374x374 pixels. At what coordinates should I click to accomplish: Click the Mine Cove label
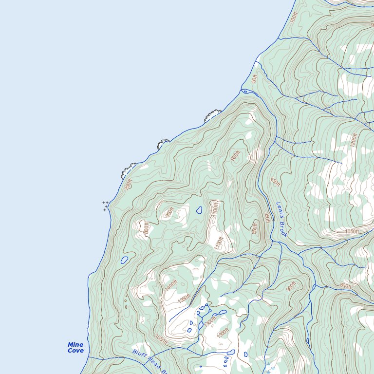(x=75, y=348)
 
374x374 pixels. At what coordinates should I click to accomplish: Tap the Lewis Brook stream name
(x=281, y=220)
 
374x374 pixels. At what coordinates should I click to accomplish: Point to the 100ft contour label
(x=293, y=18)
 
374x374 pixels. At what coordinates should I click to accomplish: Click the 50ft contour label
(x=254, y=78)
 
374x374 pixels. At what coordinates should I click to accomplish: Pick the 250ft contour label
(x=128, y=185)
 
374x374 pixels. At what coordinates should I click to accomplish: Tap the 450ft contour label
(x=275, y=182)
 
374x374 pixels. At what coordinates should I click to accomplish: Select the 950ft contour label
(x=169, y=213)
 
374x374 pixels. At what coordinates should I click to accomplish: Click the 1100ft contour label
(x=215, y=210)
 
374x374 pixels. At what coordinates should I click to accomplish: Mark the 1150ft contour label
(x=219, y=243)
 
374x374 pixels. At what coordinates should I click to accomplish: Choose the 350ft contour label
(x=267, y=218)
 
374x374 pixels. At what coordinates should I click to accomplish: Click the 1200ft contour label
(x=354, y=140)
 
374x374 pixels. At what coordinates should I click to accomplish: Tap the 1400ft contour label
(x=171, y=285)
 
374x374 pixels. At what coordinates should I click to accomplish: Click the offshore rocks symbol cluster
(x=105, y=206)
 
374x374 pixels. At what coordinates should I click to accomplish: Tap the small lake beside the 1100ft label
(x=199, y=210)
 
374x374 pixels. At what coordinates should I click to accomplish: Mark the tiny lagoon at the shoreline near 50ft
(x=245, y=91)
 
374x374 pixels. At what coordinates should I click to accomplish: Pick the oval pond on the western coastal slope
(x=125, y=260)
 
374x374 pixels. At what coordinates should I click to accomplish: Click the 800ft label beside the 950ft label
(x=146, y=227)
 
